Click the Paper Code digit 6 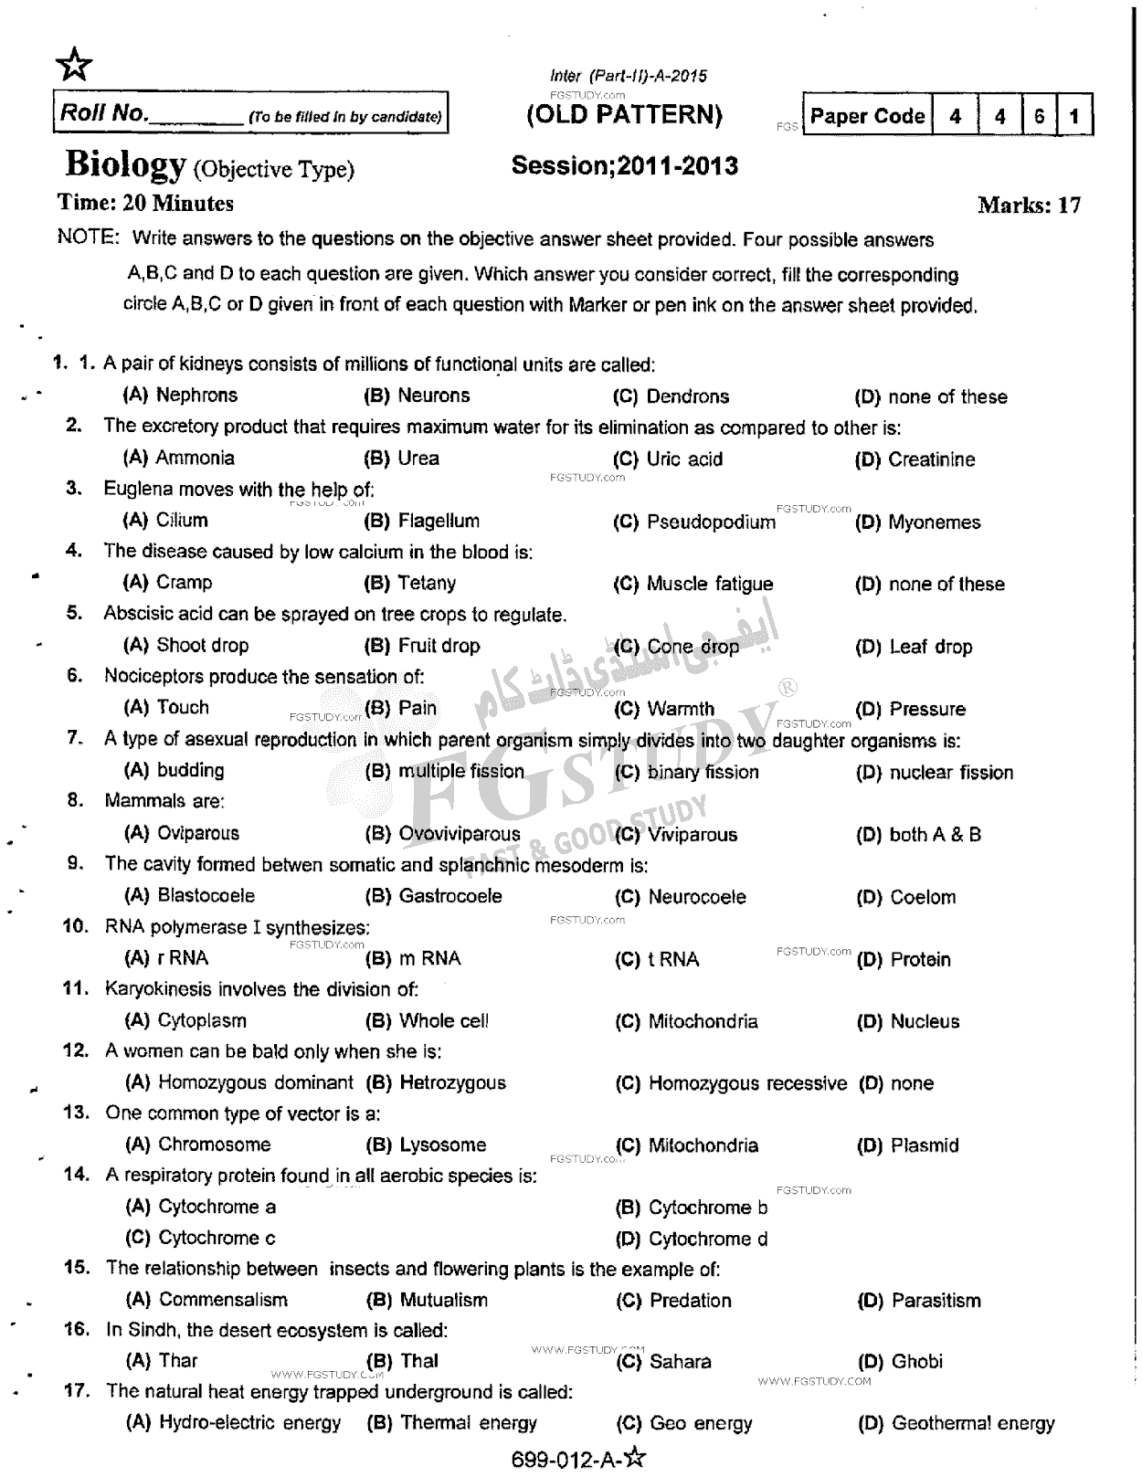tap(1039, 116)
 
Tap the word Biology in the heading tap(125, 165)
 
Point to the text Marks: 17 tap(1029, 205)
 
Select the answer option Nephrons tap(196, 396)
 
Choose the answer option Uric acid tap(684, 459)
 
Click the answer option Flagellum tap(438, 522)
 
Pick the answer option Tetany tap(426, 584)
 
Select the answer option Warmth tap(681, 709)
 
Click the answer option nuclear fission tap(950, 773)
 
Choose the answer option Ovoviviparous tap(459, 834)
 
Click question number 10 tap(75, 926)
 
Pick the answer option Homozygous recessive tap(747, 1083)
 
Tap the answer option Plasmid tap(925, 1145)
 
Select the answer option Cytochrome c tap(217, 1239)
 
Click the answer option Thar tap(177, 1361)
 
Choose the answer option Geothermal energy tap(972, 1423)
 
